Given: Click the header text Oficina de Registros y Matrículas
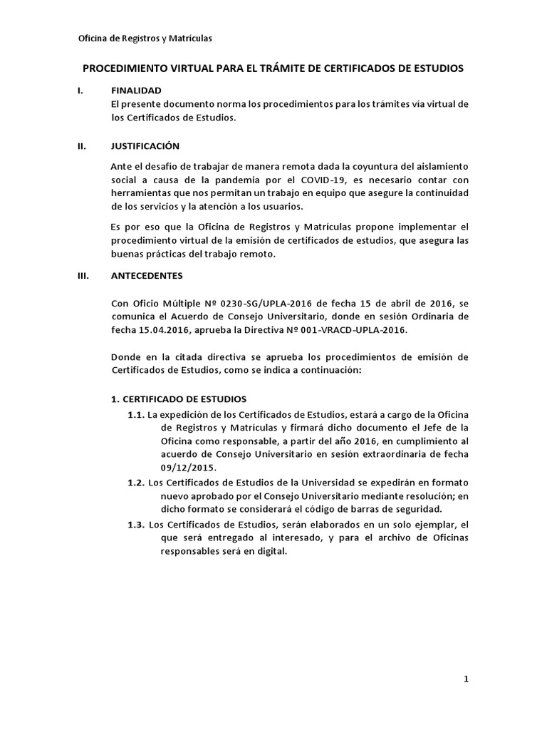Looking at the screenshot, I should pyautogui.click(x=145, y=38).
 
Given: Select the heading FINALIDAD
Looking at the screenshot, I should pyautogui.click(x=136, y=91).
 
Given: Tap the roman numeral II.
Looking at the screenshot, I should pyautogui.click(x=81, y=146).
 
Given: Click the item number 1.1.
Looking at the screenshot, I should pyautogui.click(x=136, y=415).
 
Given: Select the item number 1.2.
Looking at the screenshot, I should pyautogui.click(x=136, y=483).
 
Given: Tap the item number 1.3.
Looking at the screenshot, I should pyautogui.click(x=136, y=525).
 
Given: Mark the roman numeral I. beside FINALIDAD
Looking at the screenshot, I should pyautogui.click(x=80, y=91).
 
